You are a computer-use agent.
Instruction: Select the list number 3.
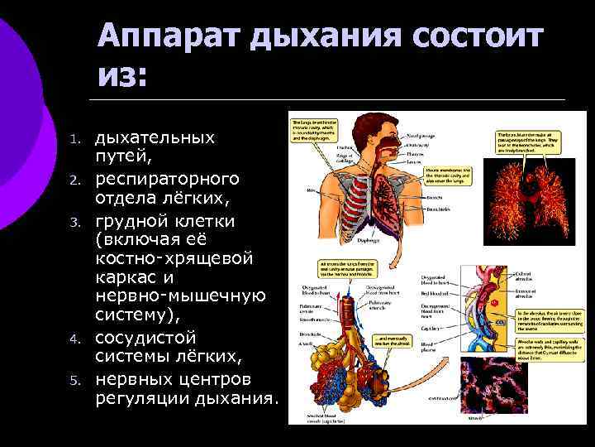click(74, 223)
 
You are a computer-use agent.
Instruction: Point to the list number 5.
click(74, 382)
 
